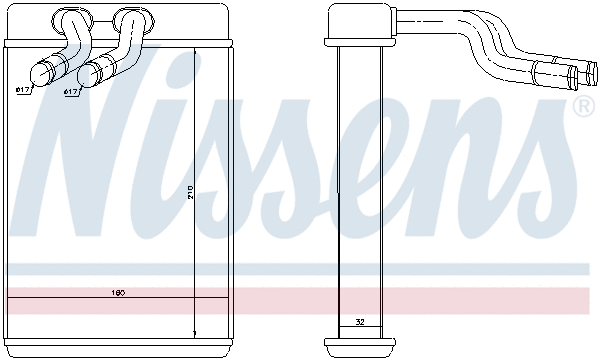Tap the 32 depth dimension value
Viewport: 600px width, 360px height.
pyautogui.click(x=360, y=322)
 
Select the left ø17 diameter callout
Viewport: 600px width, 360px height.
pyautogui.click(x=24, y=90)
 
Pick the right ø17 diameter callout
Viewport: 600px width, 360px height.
pyautogui.click(x=71, y=92)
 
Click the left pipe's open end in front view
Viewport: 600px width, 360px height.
pyautogui.click(x=42, y=73)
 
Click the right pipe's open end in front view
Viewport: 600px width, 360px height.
pyautogui.click(x=87, y=74)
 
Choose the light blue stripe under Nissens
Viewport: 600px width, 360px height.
pyautogui.click(x=300, y=268)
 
